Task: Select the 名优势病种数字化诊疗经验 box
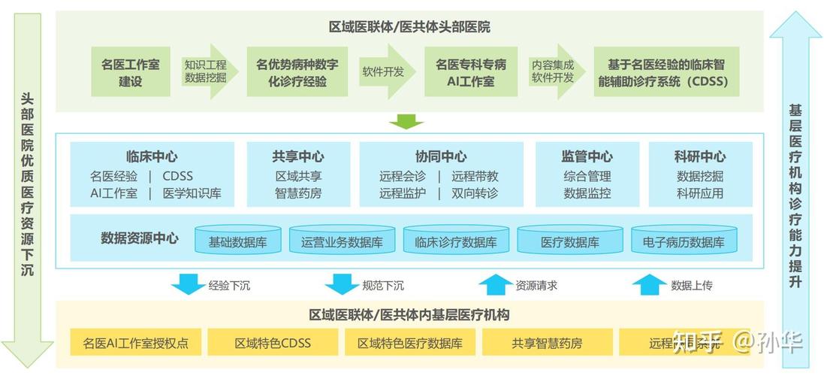pos(297,72)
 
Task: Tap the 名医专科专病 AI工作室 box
pos(471,72)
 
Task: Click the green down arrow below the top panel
pos(406,121)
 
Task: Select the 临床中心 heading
pos(152,156)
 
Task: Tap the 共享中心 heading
pos(298,156)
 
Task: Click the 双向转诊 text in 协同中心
pos(475,193)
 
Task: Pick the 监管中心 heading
pos(587,156)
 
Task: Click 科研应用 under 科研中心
pos(700,193)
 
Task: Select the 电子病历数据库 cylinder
pos(684,242)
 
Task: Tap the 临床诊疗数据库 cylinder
pos(456,242)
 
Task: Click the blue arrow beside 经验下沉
pos(187,285)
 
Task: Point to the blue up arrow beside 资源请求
pos(493,285)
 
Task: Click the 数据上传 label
pos(692,286)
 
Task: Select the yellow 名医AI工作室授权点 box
pos(136,344)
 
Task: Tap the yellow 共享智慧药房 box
pos(547,344)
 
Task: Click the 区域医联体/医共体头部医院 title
pos(409,28)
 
